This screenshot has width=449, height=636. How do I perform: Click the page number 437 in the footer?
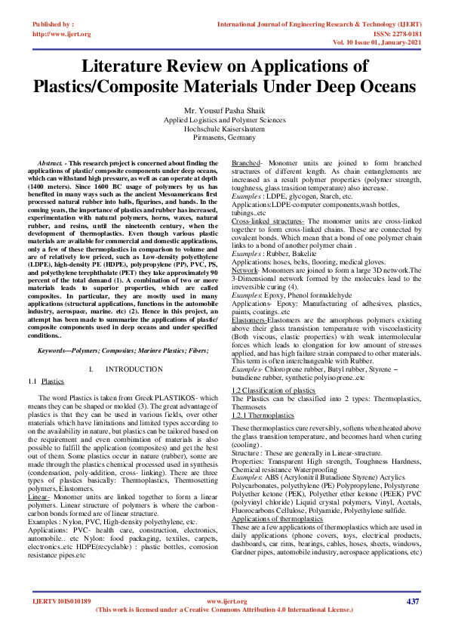(x=412, y=601)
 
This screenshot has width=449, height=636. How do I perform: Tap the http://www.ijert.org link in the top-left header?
(x=62, y=34)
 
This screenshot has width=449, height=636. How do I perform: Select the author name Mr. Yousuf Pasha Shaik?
(x=224, y=111)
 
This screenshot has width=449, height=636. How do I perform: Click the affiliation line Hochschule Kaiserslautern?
(x=224, y=129)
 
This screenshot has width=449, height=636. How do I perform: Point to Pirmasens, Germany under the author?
(x=224, y=138)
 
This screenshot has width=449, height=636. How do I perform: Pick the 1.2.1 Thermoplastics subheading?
(x=261, y=415)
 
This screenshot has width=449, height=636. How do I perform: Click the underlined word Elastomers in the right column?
(x=249, y=320)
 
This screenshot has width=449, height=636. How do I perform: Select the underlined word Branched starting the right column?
(x=245, y=163)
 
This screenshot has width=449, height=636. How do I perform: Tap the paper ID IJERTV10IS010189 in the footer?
(x=62, y=601)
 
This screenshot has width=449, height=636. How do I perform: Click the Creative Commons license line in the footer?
(x=224, y=610)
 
